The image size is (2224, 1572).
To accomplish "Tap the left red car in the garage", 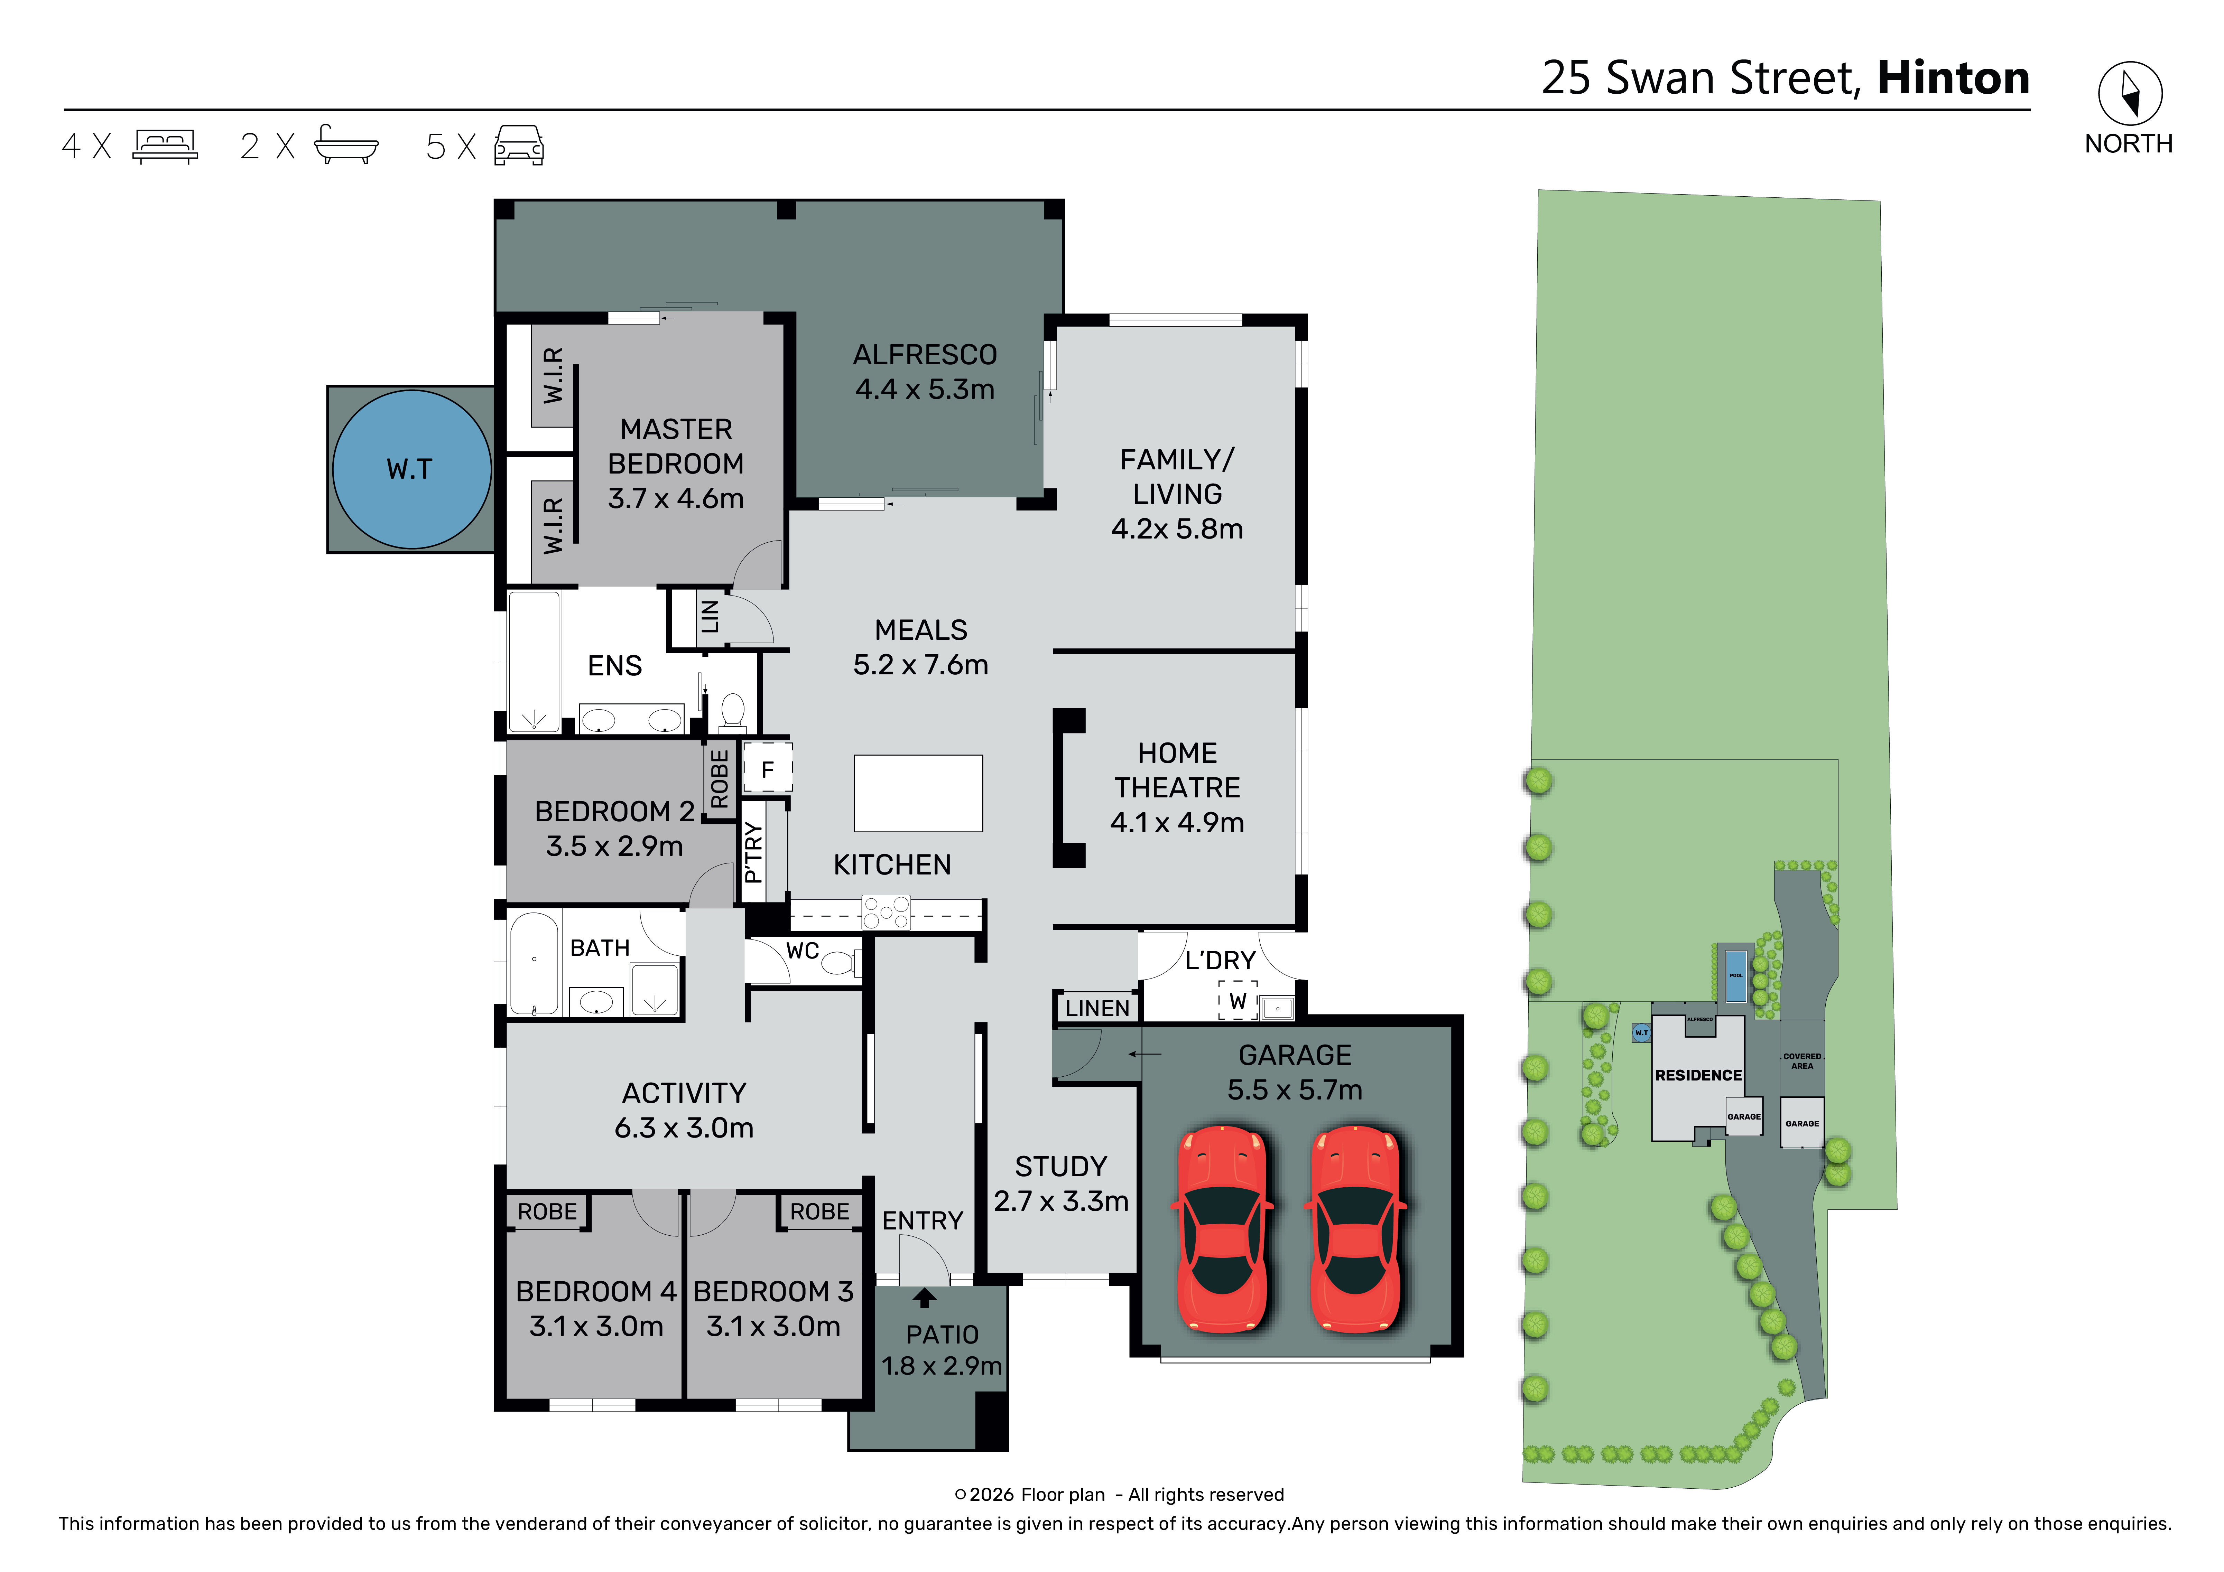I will click(x=1222, y=1228).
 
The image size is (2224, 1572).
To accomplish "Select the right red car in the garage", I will click(x=1355, y=1228).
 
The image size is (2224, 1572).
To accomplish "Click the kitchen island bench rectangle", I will click(x=917, y=793).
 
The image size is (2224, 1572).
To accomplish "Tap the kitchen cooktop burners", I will click(x=886, y=913).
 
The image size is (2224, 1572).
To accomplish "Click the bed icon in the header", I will click(x=166, y=146).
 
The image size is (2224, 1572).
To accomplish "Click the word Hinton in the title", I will click(x=1953, y=78).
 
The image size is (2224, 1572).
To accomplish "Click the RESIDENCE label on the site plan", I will click(x=1698, y=1075).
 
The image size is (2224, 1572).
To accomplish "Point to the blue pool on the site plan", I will click(x=1736, y=975).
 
